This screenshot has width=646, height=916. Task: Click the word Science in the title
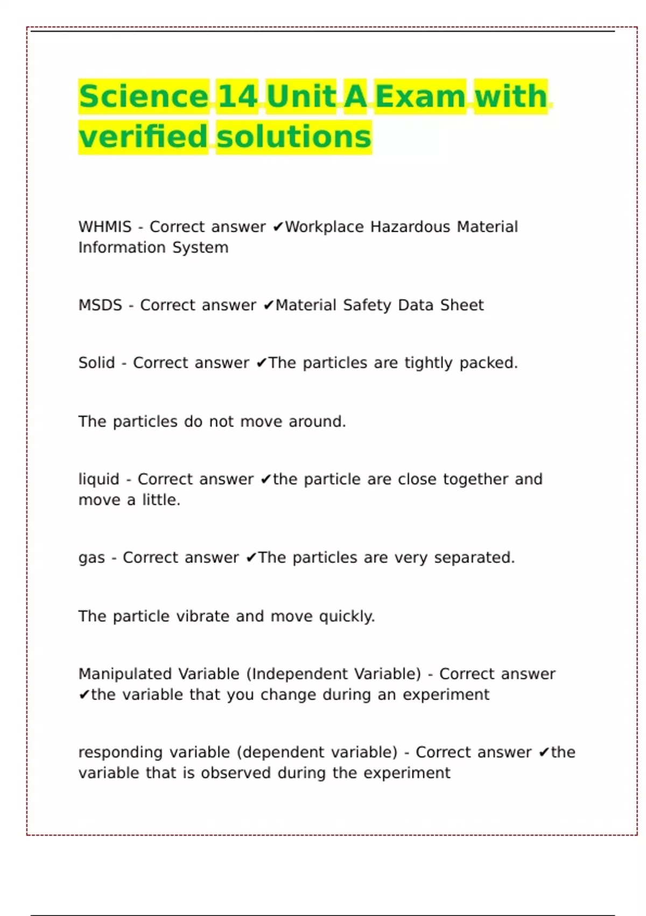(143, 96)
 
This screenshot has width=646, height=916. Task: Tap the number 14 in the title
(237, 96)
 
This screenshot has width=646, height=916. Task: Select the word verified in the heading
(143, 136)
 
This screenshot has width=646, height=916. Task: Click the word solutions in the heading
(294, 136)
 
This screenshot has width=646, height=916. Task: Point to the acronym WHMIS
(105, 227)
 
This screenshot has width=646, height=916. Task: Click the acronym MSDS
(101, 306)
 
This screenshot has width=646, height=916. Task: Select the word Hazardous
(410, 227)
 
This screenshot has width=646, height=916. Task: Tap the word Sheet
(462, 306)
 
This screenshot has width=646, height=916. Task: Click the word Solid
(97, 363)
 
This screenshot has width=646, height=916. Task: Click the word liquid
(99, 480)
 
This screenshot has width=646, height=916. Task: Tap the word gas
(92, 558)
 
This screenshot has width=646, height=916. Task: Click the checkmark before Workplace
(278, 227)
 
